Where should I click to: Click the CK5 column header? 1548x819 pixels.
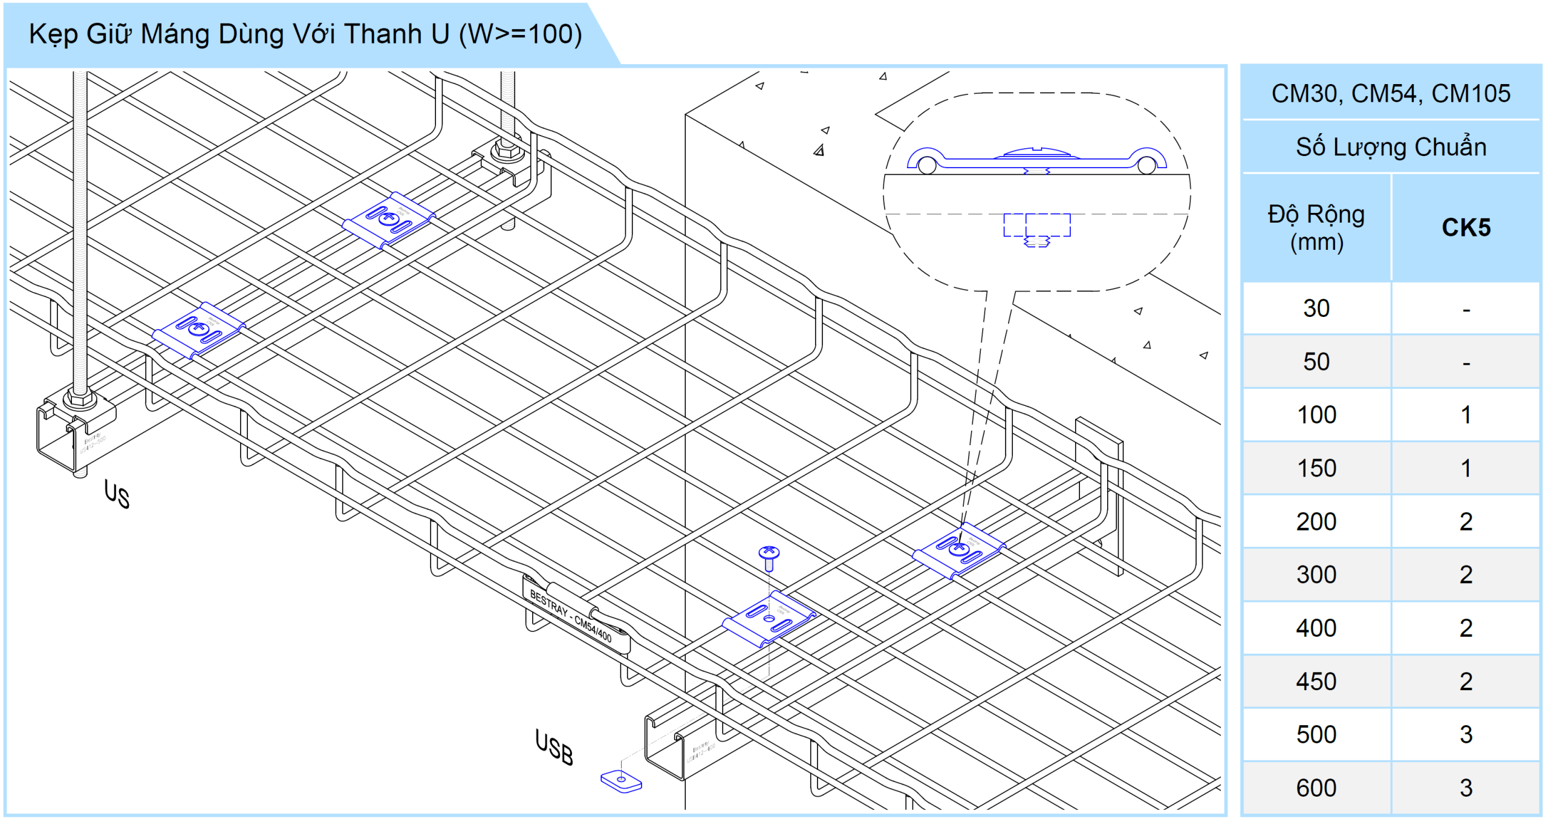pos(1466,227)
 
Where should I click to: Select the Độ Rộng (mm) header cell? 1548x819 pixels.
pos(1316,227)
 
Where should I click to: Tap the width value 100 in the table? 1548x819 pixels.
pos(1316,415)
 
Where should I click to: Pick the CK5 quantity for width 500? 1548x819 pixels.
pos(1466,734)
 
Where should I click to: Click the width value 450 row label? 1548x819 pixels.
pos(1316,681)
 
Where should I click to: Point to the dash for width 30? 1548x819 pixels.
pos(1466,310)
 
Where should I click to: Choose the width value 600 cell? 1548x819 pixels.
pos(1316,788)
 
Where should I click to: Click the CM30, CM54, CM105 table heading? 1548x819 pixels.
pos(1391,93)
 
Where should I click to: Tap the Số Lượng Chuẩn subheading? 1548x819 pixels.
pos(1391,147)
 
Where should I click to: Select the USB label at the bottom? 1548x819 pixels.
pos(554,748)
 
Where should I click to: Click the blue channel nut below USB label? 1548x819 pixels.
pos(621,781)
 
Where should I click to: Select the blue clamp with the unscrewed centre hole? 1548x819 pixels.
pos(769,619)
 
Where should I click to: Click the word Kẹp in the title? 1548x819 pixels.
pos(53,34)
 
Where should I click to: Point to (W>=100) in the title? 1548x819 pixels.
pos(520,34)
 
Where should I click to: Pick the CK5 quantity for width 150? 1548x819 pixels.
pos(1466,468)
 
